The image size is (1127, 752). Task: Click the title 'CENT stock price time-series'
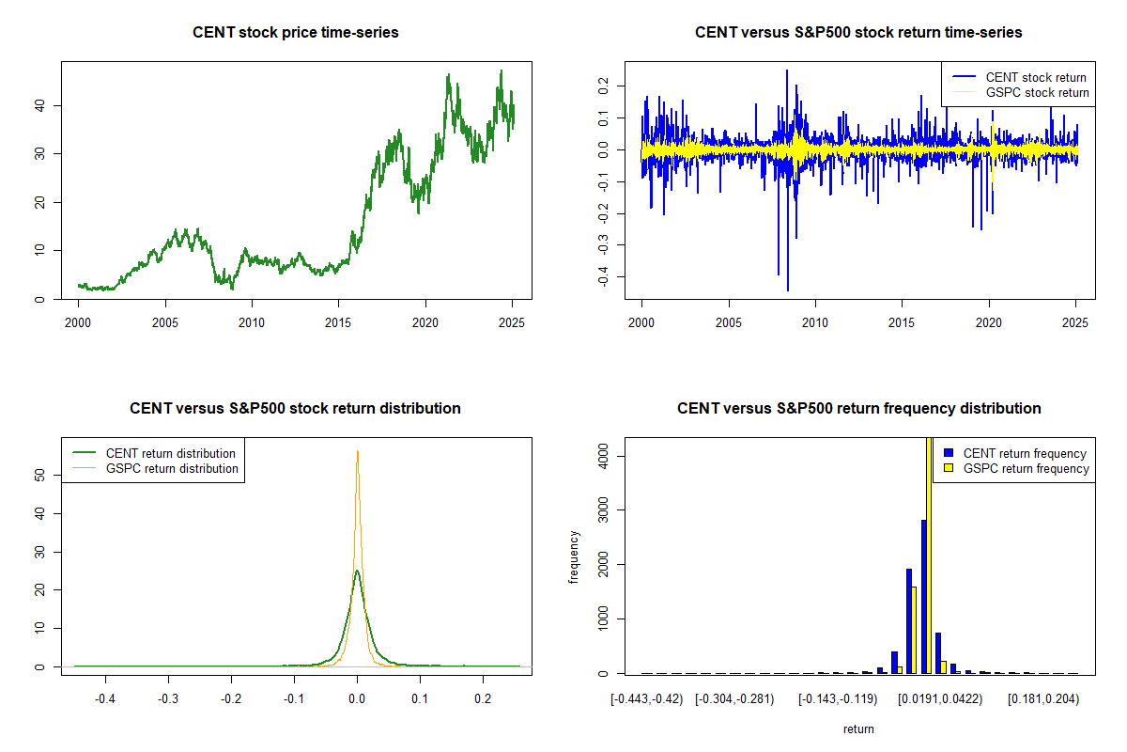(x=296, y=33)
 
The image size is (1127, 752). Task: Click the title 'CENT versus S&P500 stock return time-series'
(x=858, y=33)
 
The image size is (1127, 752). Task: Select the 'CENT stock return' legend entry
(x=1036, y=77)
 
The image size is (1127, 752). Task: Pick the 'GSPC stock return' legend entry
(x=1037, y=92)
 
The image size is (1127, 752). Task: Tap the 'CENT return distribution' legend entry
(x=171, y=453)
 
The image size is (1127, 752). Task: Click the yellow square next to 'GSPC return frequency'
(x=949, y=468)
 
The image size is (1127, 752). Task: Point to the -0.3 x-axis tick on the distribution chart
(x=168, y=700)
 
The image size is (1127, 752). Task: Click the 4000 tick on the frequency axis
(x=606, y=456)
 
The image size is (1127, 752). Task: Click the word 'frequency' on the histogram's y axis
(x=574, y=556)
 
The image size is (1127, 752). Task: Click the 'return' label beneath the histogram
(x=858, y=728)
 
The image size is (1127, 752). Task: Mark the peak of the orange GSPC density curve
(x=357, y=451)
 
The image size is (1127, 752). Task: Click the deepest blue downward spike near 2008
(x=787, y=290)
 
